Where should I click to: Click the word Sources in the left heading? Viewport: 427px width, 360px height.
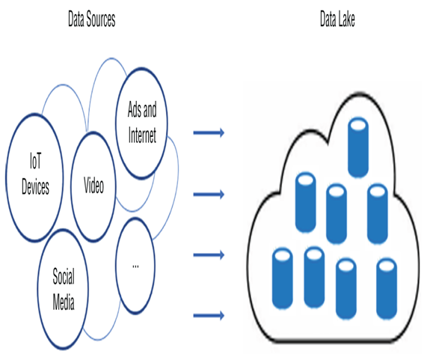pos(101,19)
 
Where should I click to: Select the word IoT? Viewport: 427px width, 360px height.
pos(36,161)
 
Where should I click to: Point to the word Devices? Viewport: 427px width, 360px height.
pos(35,187)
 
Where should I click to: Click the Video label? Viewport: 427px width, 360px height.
pos(93,186)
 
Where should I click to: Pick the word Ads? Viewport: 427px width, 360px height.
pos(135,109)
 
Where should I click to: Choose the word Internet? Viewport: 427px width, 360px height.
pos(142,135)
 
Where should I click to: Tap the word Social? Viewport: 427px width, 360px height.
pos(64,276)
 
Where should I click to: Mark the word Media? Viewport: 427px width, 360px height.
pos(64,302)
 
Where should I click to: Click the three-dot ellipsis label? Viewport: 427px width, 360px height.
pos(135,266)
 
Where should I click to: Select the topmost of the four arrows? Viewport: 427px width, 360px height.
pos(209,132)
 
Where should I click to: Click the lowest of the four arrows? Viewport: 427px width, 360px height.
pos(209,316)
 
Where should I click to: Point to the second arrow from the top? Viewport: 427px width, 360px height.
pos(209,195)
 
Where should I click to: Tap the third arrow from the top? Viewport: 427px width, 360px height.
pos(209,255)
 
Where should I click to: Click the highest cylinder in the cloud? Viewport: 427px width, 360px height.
pos(358,147)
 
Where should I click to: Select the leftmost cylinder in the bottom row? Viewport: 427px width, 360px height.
pos(283,278)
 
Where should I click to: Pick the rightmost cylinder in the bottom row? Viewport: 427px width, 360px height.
pos(387,289)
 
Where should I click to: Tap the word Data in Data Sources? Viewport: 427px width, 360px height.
pos(76,19)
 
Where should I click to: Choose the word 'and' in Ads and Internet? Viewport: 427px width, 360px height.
pos(150,109)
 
